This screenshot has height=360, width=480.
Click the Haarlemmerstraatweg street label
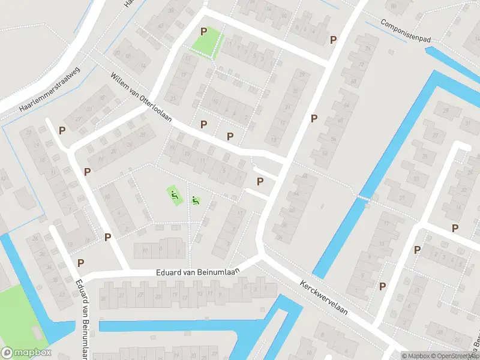tap(49, 89)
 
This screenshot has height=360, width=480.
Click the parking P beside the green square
tap(203, 31)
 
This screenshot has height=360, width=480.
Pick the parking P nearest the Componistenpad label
tap(333, 40)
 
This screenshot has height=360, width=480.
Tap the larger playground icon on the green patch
tap(173, 194)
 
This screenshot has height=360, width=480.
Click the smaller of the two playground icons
tap(195, 200)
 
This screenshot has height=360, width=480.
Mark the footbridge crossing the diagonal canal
tap(364, 198)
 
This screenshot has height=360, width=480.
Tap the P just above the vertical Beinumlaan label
tap(80, 262)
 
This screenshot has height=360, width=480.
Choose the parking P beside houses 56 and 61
tap(313, 118)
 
